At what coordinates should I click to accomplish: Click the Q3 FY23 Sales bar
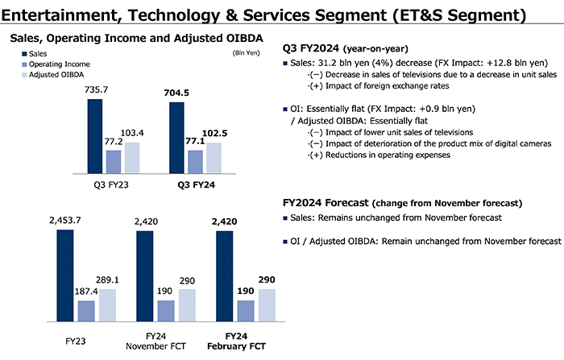click(x=95, y=136)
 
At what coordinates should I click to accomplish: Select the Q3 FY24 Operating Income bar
click(x=195, y=162)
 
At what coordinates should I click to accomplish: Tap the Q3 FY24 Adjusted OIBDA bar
click(x=214, y=158)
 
